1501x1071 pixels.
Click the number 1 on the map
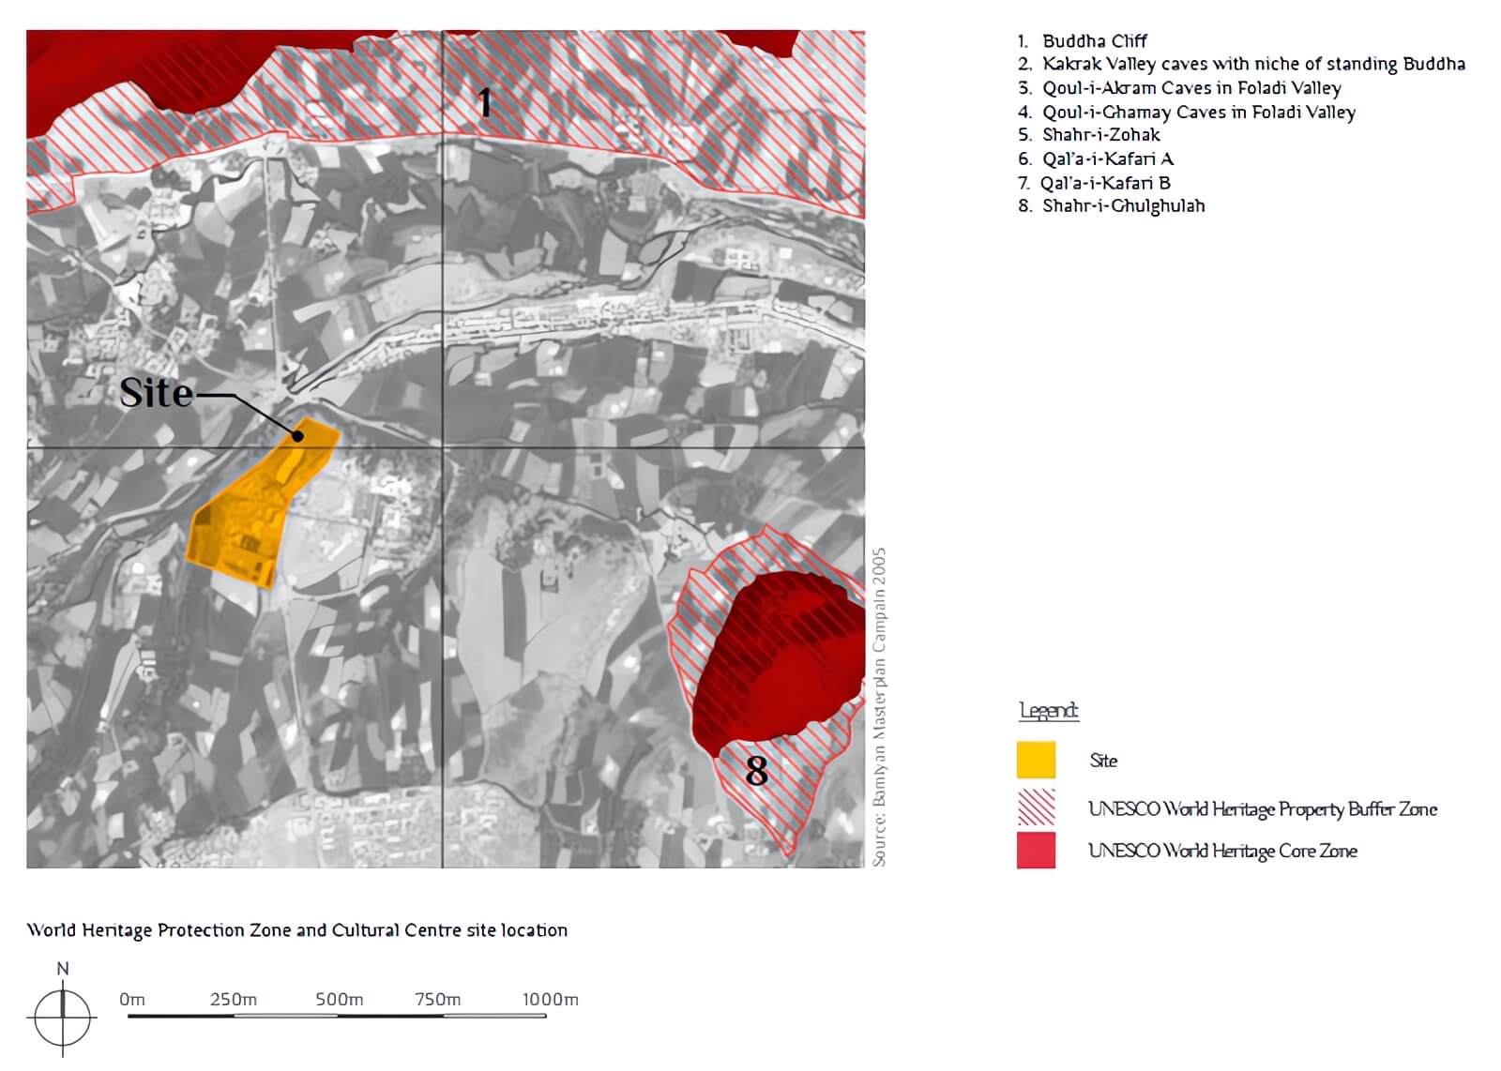click(x=484, y=102)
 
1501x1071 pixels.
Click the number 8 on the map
click(x=756, y=771)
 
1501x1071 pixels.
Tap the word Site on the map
click(x=156, y=393)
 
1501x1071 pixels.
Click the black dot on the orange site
click(x=297, y=435)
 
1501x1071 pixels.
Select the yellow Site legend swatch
click(x=1036, y=760)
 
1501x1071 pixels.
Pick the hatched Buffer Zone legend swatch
click(x=1036, y=807)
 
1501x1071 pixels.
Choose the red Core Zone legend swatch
click(x=1036, y=851)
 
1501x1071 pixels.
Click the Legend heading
click(x=1049, y=711)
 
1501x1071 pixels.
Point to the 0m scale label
click(x=132, y=1000)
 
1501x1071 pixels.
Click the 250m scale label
click(x=234, y=1000)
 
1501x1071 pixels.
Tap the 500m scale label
click(x=339, y=1000)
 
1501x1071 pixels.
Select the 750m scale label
click(x=438, y=1000)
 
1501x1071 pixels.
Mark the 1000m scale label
click(x=551, y=1000)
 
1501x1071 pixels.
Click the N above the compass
click(x=63, y=969)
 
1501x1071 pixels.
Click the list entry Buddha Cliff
click(x=1094, y=41)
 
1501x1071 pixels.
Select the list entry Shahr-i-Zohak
click(x=1100, y=135)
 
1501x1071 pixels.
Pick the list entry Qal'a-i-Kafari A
click(x=1107, y=158)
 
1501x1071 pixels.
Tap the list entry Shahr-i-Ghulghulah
click(x=1123, y=205)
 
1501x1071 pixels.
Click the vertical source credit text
click(x=879, y=707)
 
